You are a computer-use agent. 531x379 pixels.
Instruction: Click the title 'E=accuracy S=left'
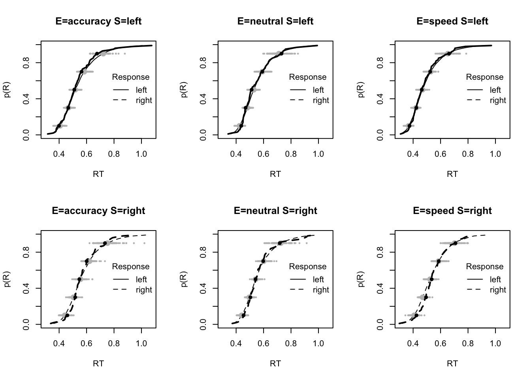(98, 21)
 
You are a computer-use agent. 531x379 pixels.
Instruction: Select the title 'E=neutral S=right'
(275, 211)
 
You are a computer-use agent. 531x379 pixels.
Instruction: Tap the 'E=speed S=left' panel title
(452, 21)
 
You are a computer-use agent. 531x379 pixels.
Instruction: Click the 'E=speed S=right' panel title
(452, 211)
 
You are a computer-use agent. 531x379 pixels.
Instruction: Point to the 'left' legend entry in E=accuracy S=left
(141, 90)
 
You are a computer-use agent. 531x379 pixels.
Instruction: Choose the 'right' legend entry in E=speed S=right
(498, 290)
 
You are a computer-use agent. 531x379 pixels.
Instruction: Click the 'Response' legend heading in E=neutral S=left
(308, 77)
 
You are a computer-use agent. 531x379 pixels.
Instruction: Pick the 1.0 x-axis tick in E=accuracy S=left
(141, 154)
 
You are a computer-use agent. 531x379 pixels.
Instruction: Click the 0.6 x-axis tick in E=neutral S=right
(264, 343)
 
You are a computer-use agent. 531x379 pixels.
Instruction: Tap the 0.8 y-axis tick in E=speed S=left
(381, 62)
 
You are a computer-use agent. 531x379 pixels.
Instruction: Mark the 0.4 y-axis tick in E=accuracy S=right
(27, 288)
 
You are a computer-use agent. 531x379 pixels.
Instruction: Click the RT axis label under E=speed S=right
(452, 363)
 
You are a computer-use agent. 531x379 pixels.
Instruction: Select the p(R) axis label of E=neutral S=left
(184, 90)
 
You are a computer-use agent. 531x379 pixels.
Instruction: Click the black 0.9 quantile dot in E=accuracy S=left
(97, 54)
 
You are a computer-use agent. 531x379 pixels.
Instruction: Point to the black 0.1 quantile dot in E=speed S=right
(416, 315)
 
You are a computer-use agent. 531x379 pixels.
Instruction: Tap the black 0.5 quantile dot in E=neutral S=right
(256, 280)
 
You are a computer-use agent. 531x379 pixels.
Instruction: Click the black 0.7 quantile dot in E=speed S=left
(430, 72)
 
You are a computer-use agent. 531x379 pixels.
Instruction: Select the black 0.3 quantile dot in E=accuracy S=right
(75, 297)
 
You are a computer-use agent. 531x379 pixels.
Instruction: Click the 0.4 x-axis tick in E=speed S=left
(413, 154)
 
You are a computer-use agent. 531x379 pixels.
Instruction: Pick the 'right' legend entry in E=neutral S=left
(321, 100)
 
